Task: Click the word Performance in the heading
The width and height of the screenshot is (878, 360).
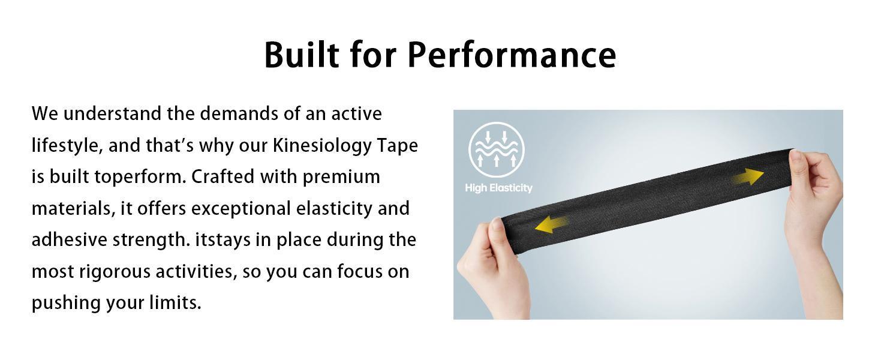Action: pos(512,55)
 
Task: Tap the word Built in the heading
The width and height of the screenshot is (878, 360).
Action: pos(302,55)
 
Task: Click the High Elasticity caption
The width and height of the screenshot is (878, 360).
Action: pos(498,188)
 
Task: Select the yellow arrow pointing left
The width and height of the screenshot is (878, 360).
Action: pos(551,225)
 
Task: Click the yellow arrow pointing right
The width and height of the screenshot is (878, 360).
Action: pos(748,177)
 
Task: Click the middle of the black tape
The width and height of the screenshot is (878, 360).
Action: pos(648,201)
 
